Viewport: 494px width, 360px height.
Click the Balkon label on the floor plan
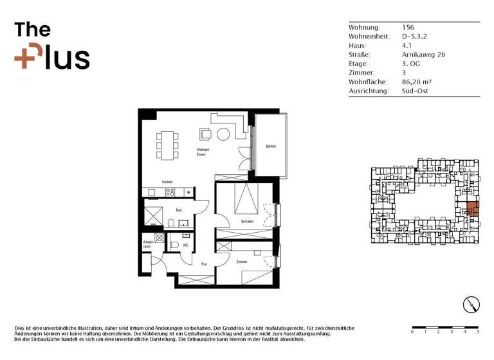[271, 147]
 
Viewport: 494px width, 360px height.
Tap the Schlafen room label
[248, 222]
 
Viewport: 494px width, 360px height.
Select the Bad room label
[178, 210]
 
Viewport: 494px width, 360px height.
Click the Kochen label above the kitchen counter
[167, 183]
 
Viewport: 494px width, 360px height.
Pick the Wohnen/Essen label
[205, 152]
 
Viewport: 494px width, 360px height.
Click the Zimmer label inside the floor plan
[242, 262]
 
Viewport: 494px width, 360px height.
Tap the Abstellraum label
[147, 244]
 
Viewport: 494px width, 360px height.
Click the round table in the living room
[223, 134]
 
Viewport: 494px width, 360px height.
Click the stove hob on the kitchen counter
[170, 192]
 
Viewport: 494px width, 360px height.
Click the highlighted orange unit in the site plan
[471, 208]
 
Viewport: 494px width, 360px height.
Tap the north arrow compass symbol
[471, 305]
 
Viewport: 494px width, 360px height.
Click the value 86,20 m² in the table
[416, 82]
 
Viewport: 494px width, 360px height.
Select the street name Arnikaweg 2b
[423, 55]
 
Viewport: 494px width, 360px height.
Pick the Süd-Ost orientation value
[415, 91]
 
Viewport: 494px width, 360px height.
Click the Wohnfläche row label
[367, 82]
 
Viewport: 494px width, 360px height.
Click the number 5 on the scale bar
[478, 332]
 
